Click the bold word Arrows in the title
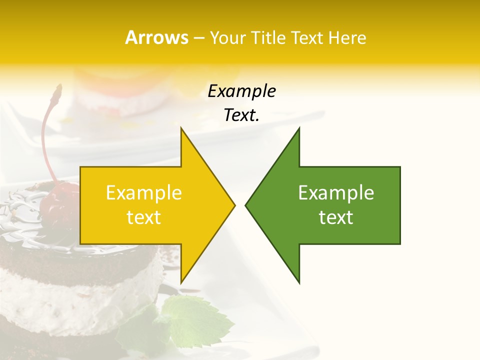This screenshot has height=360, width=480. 156,37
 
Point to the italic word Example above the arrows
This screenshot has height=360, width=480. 241,91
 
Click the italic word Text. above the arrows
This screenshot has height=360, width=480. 241,115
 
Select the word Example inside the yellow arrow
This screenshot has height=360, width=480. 144,193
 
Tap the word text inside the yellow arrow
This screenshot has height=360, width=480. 144,217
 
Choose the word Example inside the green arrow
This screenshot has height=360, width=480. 336,193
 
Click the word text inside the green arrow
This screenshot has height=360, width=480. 336,217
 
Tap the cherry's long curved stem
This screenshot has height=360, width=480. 46,135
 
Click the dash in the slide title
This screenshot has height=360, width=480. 198,38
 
